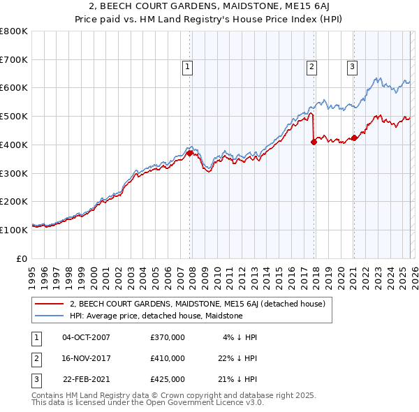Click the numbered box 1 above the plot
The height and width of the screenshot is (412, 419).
point(189,67)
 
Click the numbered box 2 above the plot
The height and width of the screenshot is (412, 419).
point(311,67)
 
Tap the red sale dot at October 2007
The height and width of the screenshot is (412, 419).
point(189,153)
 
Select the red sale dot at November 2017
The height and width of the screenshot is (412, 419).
point(314,142)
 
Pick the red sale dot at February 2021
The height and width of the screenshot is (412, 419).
point(354,138)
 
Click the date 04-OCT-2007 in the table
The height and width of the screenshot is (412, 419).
point(86,337)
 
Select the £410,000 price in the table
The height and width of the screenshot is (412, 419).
point(167,358)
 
